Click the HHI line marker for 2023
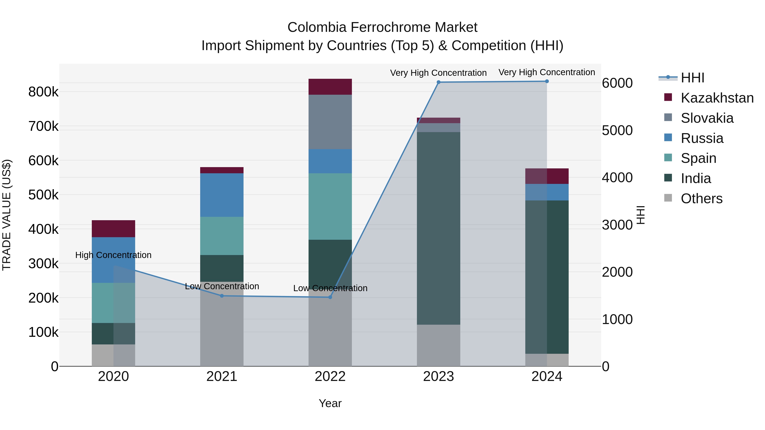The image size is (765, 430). click(438, 82)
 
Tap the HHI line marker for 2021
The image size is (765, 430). click(222, 296)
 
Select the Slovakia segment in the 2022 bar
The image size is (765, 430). click(330, 122)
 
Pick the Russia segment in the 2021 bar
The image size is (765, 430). click(222, 195)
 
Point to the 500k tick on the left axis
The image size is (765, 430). click(43, 195)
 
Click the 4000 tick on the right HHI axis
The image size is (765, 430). click(617, 178)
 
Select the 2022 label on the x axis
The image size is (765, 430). click(330, 376)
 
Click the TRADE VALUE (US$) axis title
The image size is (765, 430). click(7, 215)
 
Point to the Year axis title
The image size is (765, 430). click(330, 403)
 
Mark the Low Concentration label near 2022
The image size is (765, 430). click(330, 288)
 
